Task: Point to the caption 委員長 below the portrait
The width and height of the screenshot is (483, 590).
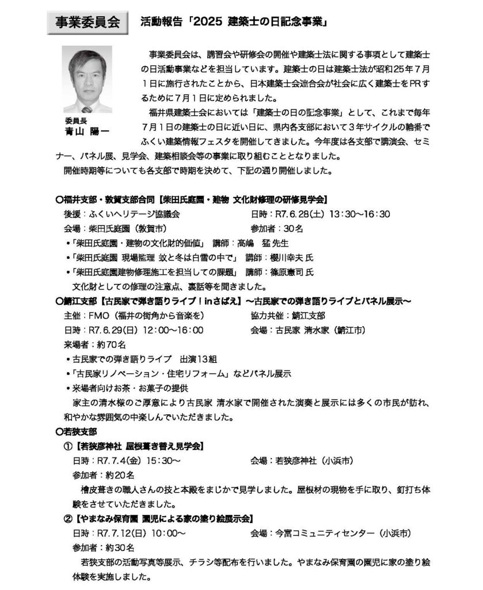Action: (76, 122)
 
